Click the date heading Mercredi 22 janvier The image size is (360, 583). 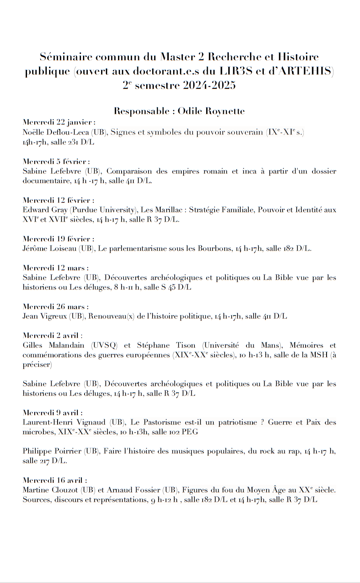point(59,122)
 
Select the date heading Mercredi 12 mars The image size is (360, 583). point(56,268)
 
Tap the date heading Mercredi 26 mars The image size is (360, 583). point(56,307)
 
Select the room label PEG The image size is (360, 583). point(190,432)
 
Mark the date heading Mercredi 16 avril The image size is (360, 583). point(55,480)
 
